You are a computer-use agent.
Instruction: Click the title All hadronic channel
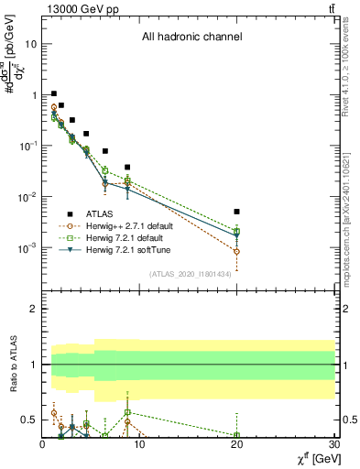point(191,38)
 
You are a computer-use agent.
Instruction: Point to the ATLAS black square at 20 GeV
point(236,212)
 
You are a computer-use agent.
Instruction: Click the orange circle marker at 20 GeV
point(236,251)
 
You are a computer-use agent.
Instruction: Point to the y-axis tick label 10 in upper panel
point(30,44)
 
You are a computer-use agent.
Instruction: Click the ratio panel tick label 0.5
point(27,420)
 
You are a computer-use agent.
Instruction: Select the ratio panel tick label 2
point(32,309)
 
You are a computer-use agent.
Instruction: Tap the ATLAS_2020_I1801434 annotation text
point(191,274)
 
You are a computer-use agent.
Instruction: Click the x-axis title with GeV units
point(313,457)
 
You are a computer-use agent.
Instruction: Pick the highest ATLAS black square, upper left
point(54,93)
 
